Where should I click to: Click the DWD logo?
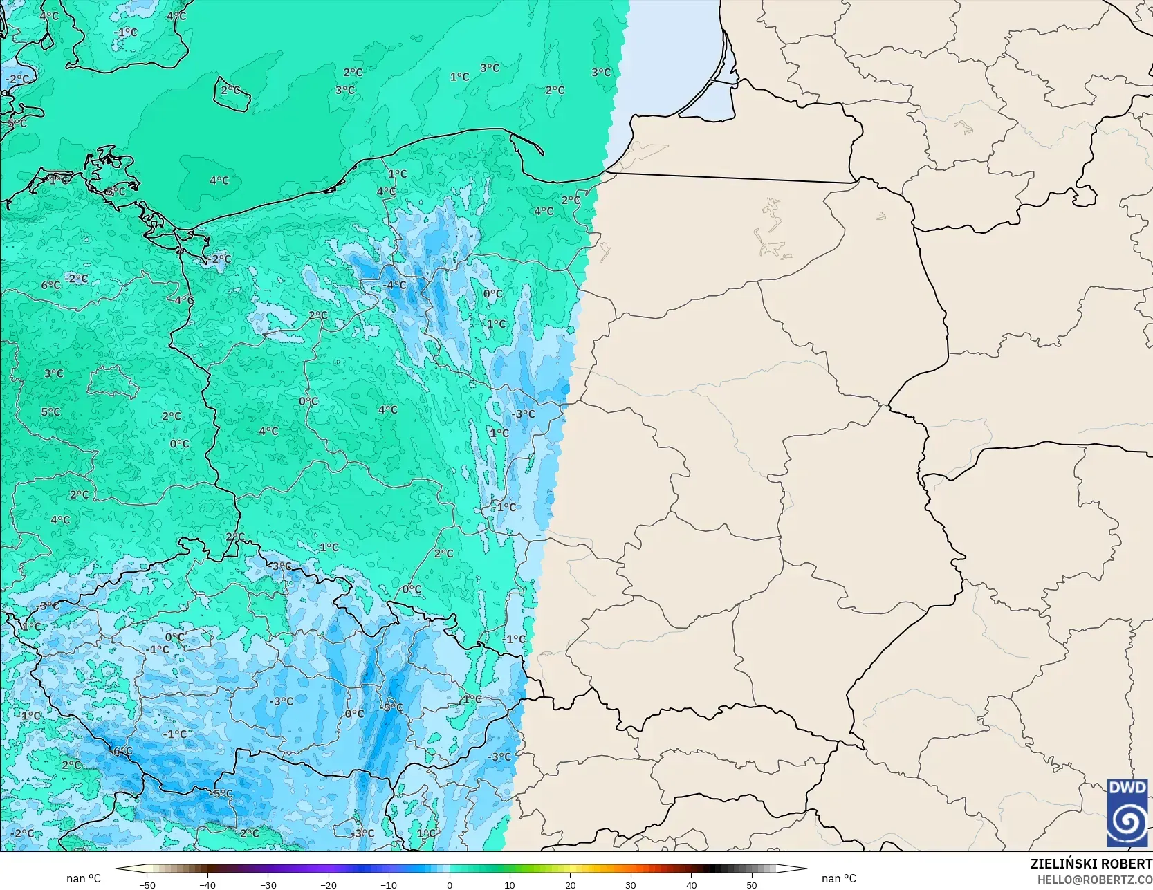(1128, 813)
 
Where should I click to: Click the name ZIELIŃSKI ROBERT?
(1091, 864)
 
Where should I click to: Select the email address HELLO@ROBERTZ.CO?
(1094, 879)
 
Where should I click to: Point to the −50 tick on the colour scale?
(147, 884)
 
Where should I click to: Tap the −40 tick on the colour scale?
(207, 884)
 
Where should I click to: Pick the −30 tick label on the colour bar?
(268, 884)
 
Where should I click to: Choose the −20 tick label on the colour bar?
(329, 884)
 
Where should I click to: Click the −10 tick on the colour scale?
(389, 884)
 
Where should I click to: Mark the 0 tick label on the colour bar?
(450, 884)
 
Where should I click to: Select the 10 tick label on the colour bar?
(510, 884)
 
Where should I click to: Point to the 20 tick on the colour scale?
(570, 884)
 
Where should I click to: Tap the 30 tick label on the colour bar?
(631, 884)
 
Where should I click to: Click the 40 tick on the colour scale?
(691, 884)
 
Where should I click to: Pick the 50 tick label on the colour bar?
(752, 884)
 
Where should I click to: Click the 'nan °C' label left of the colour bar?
(84, 878)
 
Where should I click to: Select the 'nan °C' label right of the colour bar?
(838, 878)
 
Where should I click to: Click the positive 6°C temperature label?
(50, 285)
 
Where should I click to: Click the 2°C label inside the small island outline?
(230, 91)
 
